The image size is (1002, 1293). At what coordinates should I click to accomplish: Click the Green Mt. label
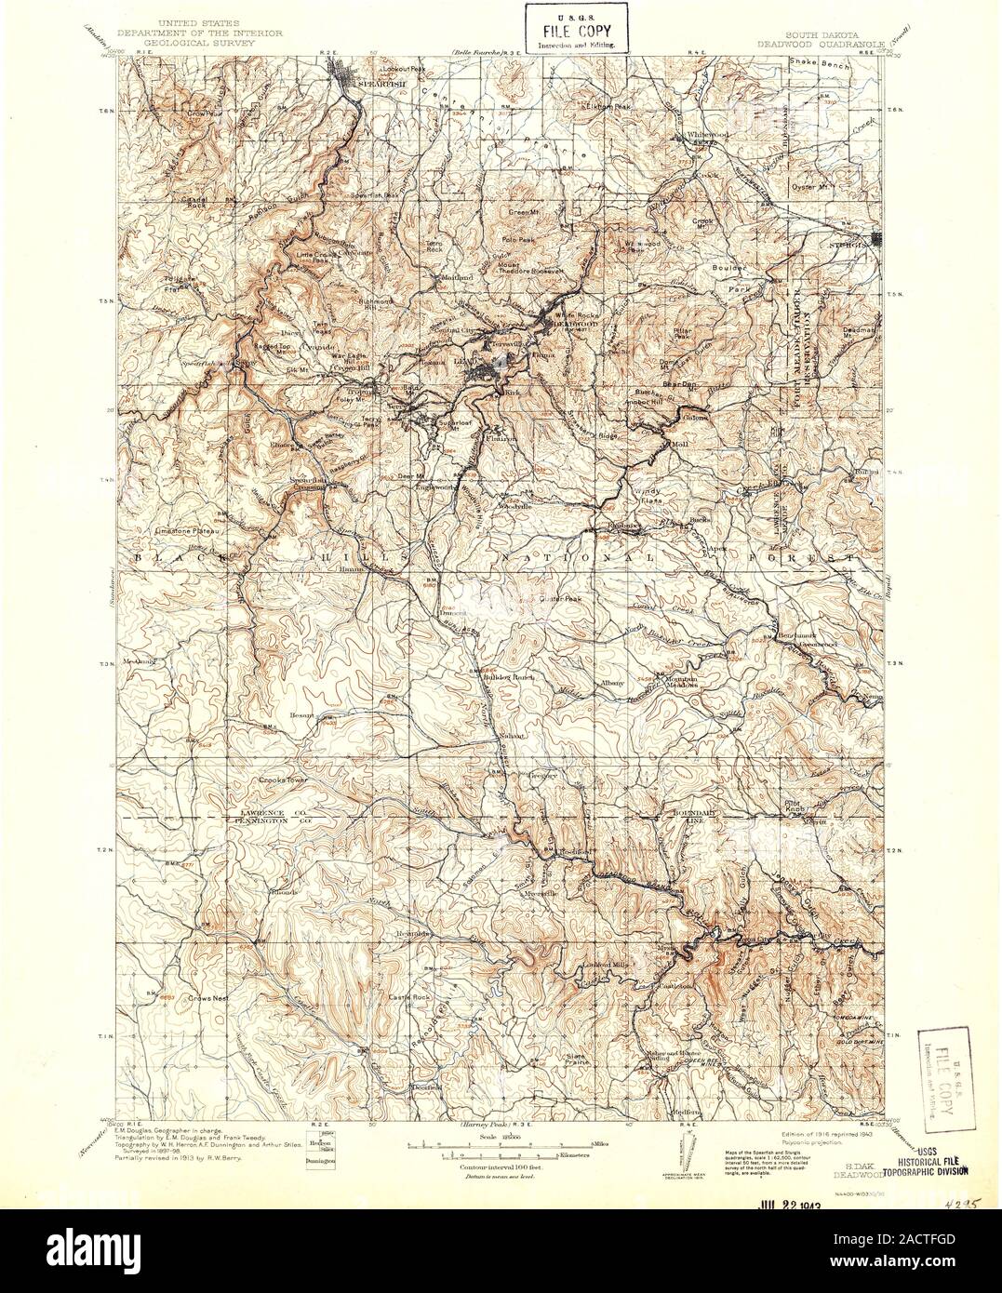click(525, 212)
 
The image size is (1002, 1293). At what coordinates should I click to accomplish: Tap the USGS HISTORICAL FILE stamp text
click(933, 1166)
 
